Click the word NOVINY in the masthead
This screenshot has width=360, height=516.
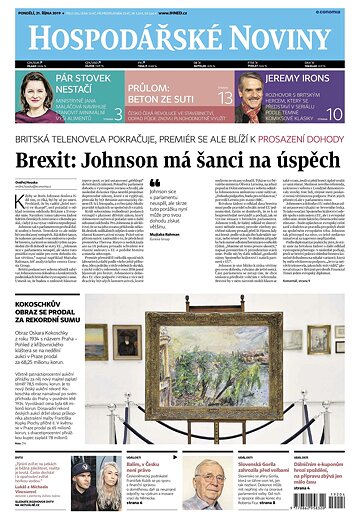(270, 38)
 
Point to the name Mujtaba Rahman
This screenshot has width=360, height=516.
(168, 264)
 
